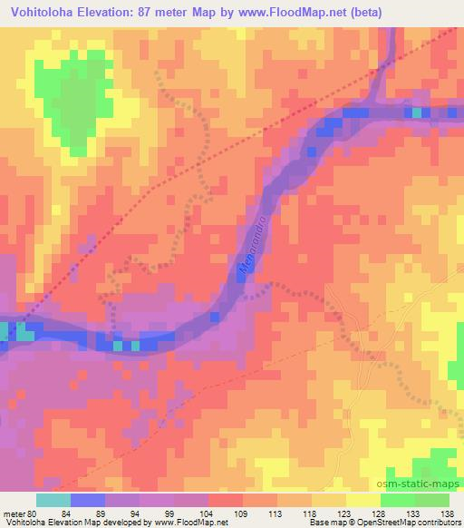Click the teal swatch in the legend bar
pyautogui.click(x=53, y=500)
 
